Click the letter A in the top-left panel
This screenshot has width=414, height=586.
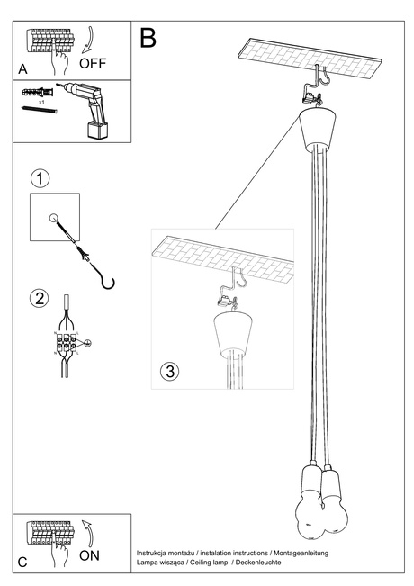pyautogui.click(x=22, y=68)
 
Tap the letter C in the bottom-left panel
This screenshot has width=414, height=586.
pyautogui.click(x=22, y=562)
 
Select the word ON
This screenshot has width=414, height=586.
pyautogui.click(x=90, y=556)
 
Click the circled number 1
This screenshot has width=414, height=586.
pyautogui.click(x=39, y=178)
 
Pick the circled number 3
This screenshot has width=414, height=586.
pyautogui.click(x=170, y=371)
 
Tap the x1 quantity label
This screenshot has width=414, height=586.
pyautogui.click(x=41, y=104)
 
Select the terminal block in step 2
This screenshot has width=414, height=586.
pyautogui.click(x=67, y=343)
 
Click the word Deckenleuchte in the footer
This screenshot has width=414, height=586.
pyautogui.click(x=256, y=562)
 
